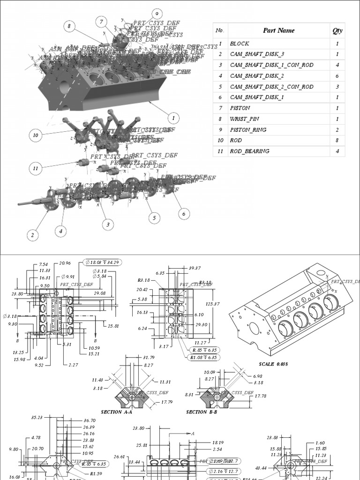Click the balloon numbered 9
(157, 14)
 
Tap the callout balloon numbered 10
(36, 136)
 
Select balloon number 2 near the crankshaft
(32, 235)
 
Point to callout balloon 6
(184, 214)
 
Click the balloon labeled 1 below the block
(173, 118)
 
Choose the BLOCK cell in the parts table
(240, 44)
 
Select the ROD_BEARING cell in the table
(249, 151)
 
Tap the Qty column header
(337, 31)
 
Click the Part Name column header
(279, 31)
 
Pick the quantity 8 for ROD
(337, 141)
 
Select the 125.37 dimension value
(212, 304)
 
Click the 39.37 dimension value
(195, 268)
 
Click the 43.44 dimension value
(261, 468)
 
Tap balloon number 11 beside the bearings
(36, 167)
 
